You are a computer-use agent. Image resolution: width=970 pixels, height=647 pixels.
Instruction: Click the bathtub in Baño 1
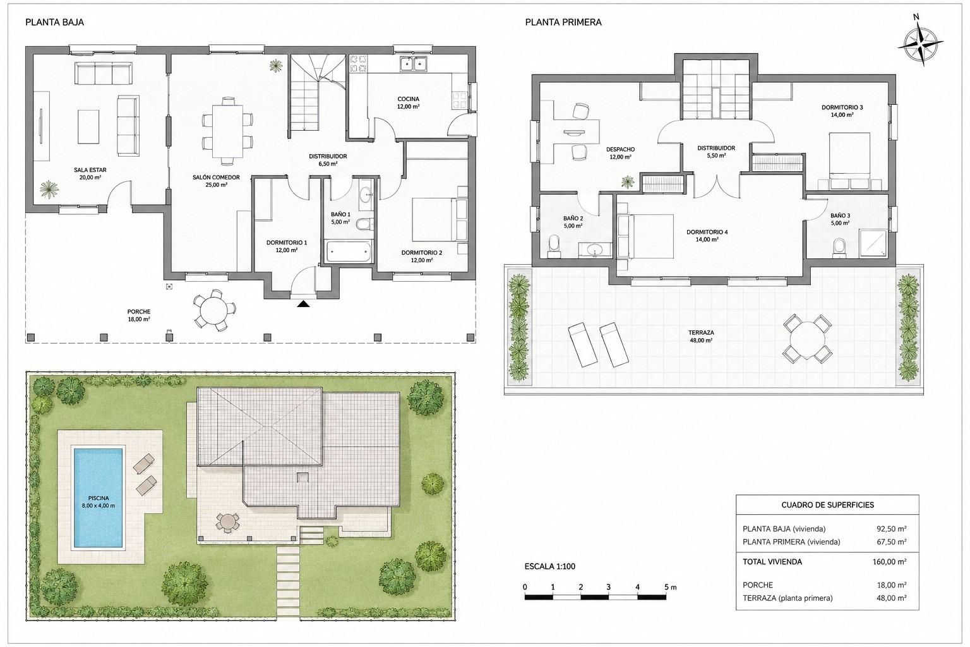coord(349,251)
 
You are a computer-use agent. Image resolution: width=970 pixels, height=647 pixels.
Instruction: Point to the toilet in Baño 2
coord(554,246)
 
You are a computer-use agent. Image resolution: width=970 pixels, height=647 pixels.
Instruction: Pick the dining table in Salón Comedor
coord(227,131)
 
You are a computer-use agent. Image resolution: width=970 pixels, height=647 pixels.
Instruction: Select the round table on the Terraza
coord(807,339)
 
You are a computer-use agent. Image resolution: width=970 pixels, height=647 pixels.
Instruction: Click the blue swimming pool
coord(98,498)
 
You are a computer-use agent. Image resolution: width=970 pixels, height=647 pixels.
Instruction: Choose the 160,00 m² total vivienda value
coord(889,562)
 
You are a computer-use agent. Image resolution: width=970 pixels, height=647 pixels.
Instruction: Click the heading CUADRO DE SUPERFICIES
coord(827,505)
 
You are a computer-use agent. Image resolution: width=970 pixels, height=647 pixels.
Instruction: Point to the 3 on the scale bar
coord(608,587)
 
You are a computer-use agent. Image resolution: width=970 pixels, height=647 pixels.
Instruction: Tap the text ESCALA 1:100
coord(550,566)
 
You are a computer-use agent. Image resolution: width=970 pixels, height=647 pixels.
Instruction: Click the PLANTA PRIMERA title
coord(563,22)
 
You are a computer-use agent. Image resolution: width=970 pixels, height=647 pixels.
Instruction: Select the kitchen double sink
coord(413,64)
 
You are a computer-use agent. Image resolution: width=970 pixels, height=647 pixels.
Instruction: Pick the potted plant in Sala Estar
coord(49,189)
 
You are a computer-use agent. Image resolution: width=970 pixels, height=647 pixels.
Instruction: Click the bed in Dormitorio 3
coord(849,160)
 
